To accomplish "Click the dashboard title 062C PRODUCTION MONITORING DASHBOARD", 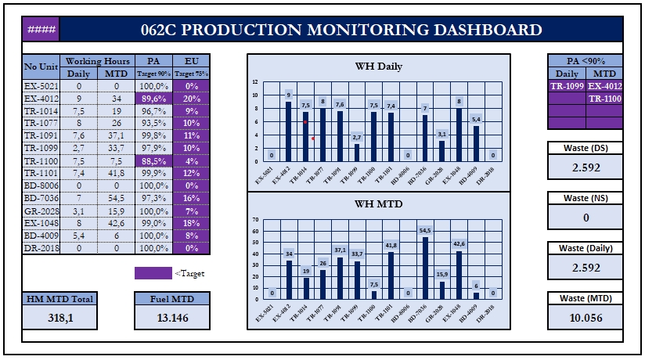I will pos(341,31).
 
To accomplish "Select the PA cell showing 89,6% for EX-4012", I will pos(154,99).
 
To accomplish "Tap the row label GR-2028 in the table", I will pos(41,212).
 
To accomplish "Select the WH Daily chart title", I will pos(379,67).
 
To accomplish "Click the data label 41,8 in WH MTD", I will pos(391,245).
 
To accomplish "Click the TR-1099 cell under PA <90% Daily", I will pos(566,86).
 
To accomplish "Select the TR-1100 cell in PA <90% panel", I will pos(604,99).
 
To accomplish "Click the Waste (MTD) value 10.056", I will pos(586,317).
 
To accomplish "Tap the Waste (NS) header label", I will pos(586,198).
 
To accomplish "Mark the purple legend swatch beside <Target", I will pos(153,274).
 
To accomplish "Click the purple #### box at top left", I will pos(41,31).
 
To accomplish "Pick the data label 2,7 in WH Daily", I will pos(357,137).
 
